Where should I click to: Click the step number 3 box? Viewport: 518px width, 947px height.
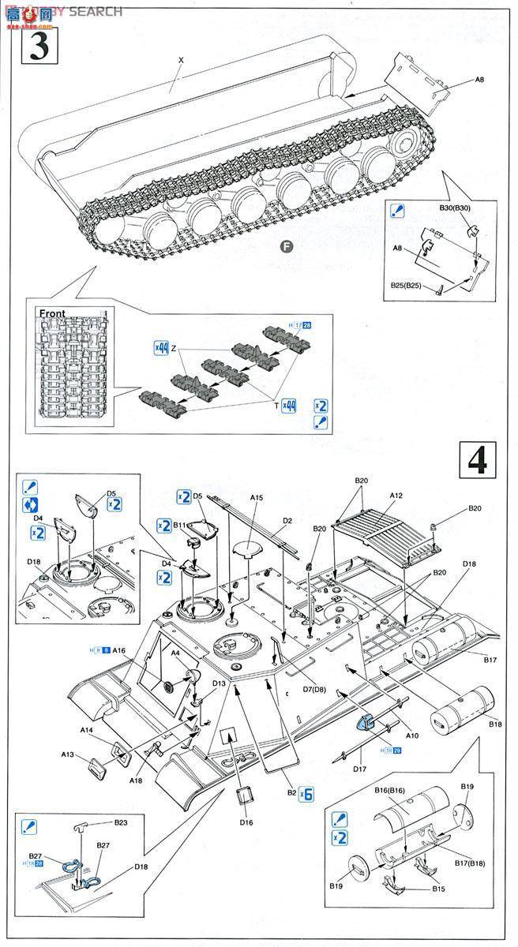tap(39, 45)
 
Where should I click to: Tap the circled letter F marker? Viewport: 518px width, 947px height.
tap(287, 245)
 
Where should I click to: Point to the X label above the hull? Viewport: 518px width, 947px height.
tap(181, 60)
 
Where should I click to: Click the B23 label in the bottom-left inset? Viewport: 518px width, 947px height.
tap(120, 822)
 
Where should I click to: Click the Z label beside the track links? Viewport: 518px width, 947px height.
tap(173, 349)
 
